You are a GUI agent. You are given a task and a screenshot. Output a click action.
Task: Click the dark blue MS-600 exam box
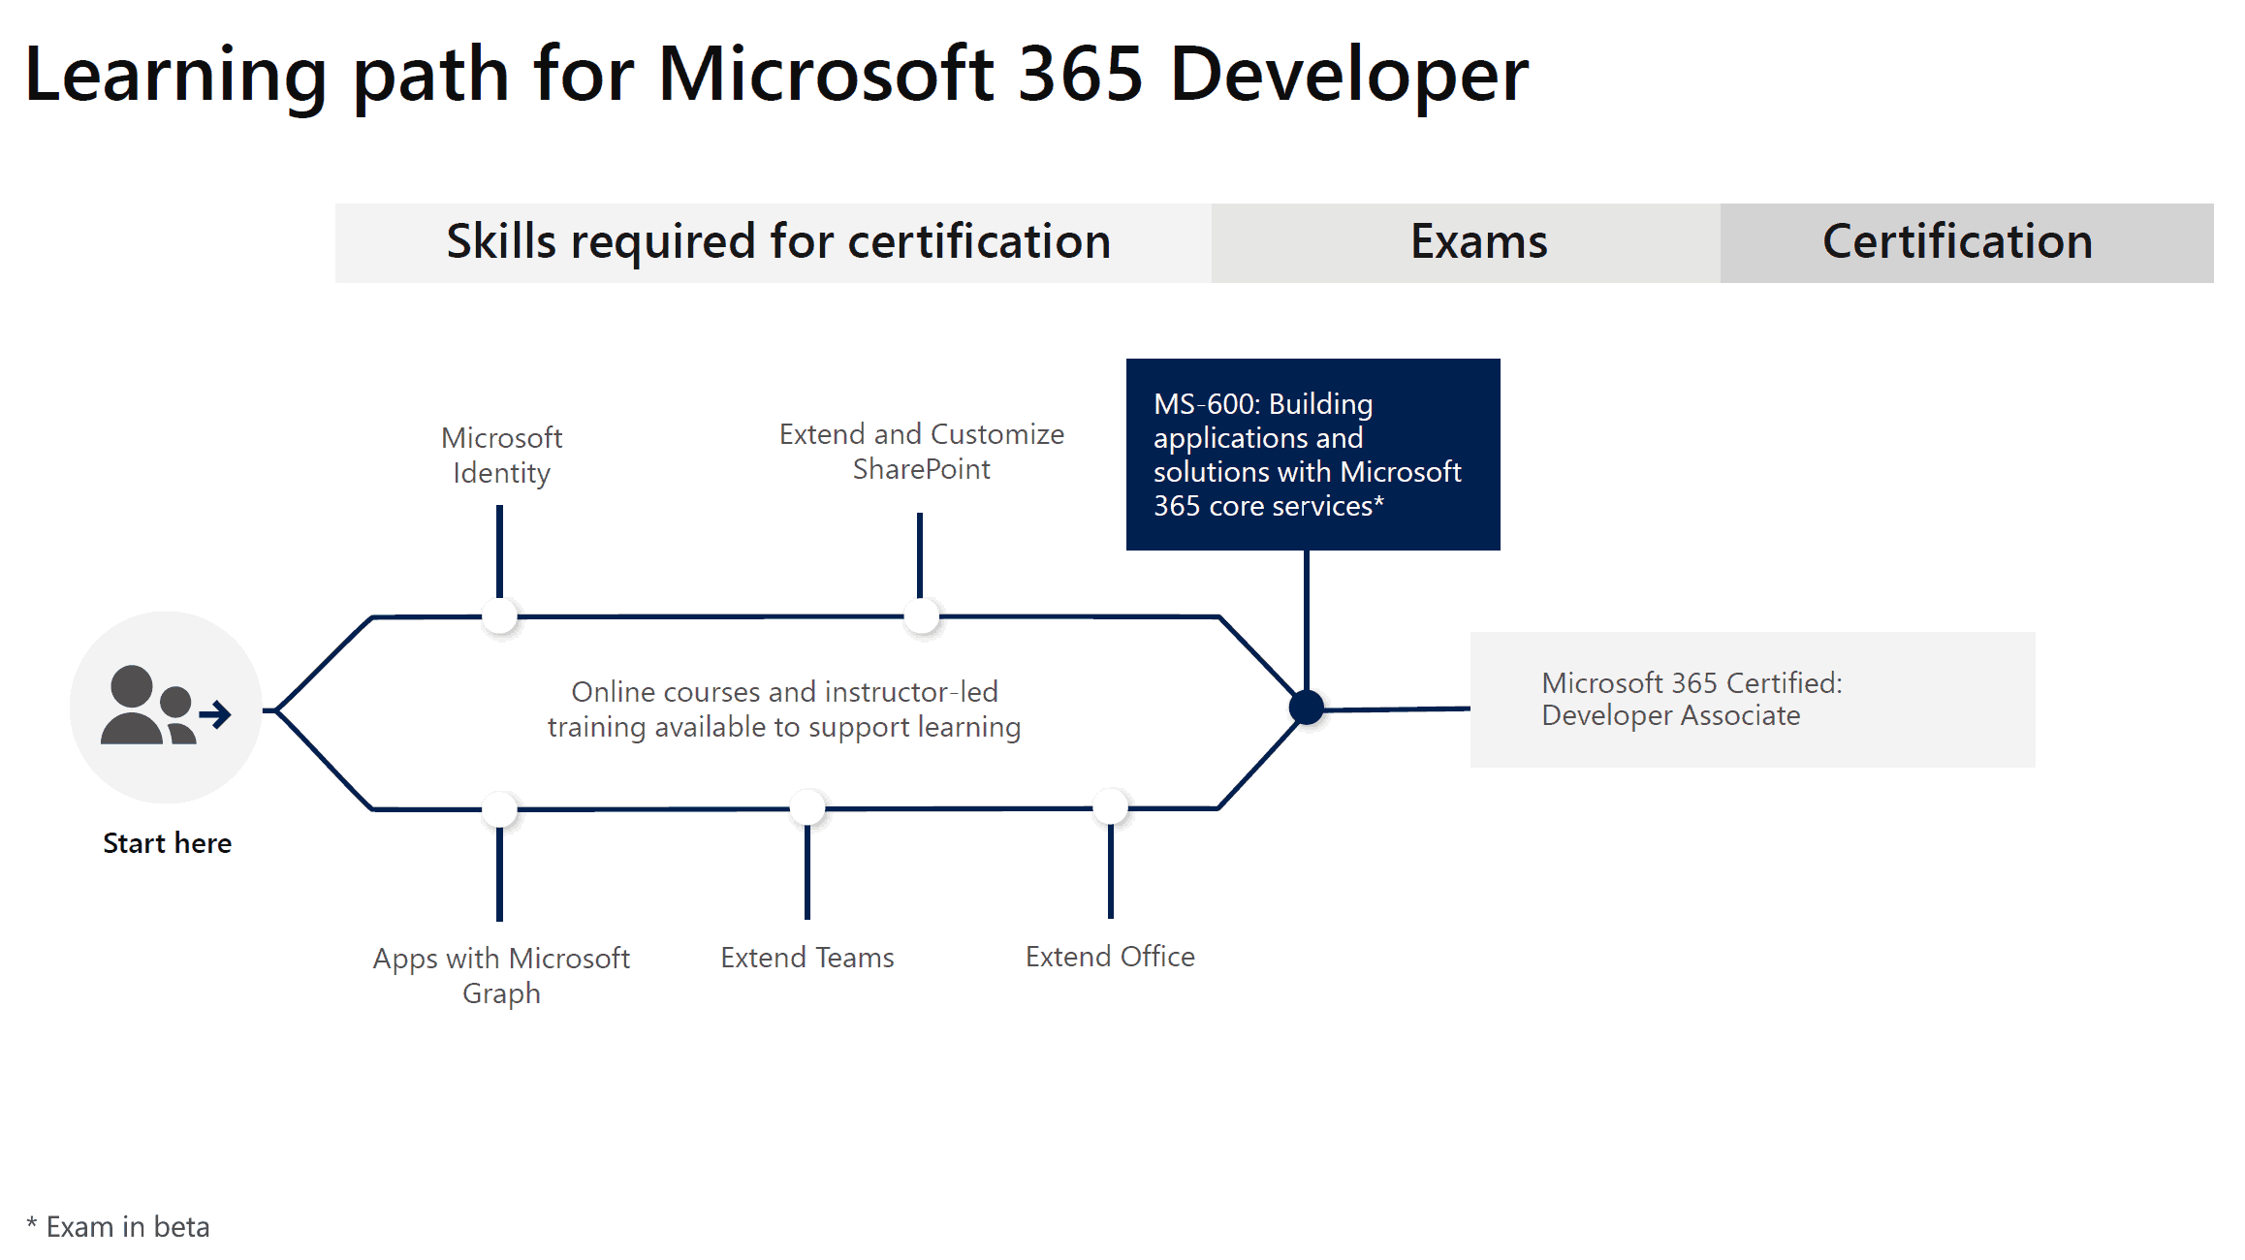(1312, 454)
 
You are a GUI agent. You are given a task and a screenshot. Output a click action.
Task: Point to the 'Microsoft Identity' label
(501, 455)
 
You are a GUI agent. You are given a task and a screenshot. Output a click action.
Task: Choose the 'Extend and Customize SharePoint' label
(921, 451)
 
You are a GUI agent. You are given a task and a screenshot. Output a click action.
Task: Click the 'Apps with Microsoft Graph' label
(501, 976)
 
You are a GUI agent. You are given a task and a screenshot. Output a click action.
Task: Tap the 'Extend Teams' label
(806, 958)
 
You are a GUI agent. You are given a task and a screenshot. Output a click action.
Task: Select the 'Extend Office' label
(1110, 957)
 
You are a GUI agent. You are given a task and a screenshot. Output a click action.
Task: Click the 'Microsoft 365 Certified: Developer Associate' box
(1753, 700)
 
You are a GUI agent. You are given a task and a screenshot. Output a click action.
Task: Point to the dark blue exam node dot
(1307, 708)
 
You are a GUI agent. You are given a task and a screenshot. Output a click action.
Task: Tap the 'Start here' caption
(167, 843)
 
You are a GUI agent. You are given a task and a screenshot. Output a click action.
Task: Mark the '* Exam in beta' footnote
(117, 1227)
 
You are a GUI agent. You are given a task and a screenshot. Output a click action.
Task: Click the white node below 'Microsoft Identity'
(499, 616)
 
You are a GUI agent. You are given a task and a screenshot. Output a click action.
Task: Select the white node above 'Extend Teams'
(806, 807)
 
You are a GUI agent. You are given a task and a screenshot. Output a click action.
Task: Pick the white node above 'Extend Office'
(1111, 806)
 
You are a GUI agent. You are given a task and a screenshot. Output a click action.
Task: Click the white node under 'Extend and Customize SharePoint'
(921, 616)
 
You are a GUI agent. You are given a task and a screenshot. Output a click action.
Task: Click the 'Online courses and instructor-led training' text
(784, 709)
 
